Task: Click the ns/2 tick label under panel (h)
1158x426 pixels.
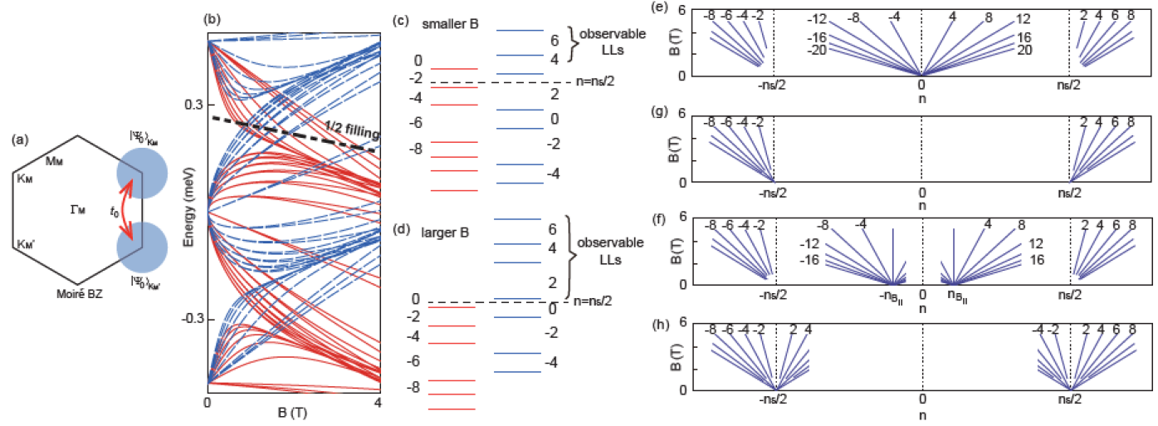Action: pos(1069,399)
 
